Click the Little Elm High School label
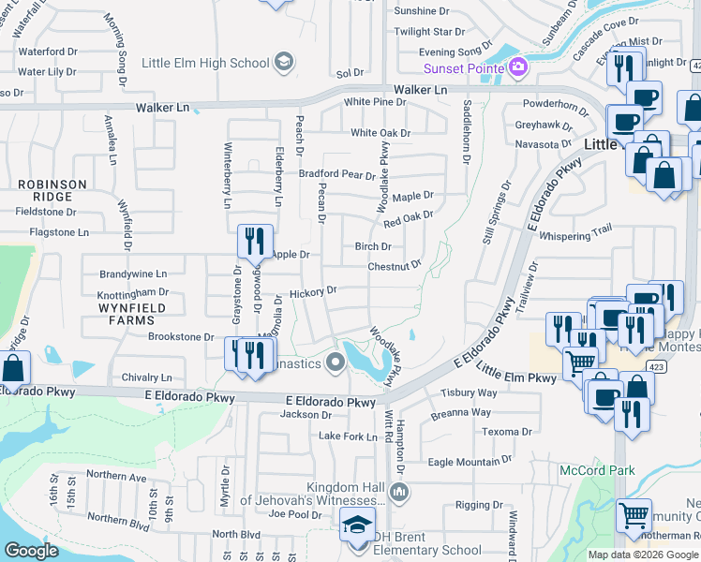[x=204, y=63]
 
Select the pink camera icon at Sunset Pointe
[x=517, y=67]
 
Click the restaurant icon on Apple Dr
[x=254, y=243]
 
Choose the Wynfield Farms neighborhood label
[x=133, y=314]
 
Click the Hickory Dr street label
[x=313, y=292]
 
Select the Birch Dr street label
[x=373, y=246]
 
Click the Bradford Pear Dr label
[x=336, y=174]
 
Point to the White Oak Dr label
[x=380, y=133]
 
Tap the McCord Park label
[x=597, y=470]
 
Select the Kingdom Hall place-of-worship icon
[x=399, y=492]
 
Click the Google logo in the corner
[x=32, y=551]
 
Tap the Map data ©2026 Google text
[x=644, y=555]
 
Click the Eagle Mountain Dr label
[x=470, y=462]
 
